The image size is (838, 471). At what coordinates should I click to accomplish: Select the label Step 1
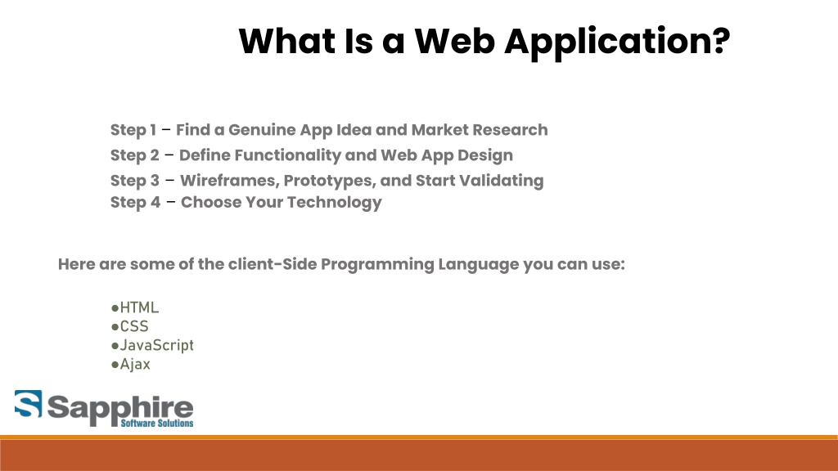[133, 130]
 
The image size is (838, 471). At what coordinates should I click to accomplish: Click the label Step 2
[135, 155]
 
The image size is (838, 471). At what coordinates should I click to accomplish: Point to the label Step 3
[135, 181]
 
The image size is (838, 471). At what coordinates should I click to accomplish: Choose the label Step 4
[135, 203]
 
